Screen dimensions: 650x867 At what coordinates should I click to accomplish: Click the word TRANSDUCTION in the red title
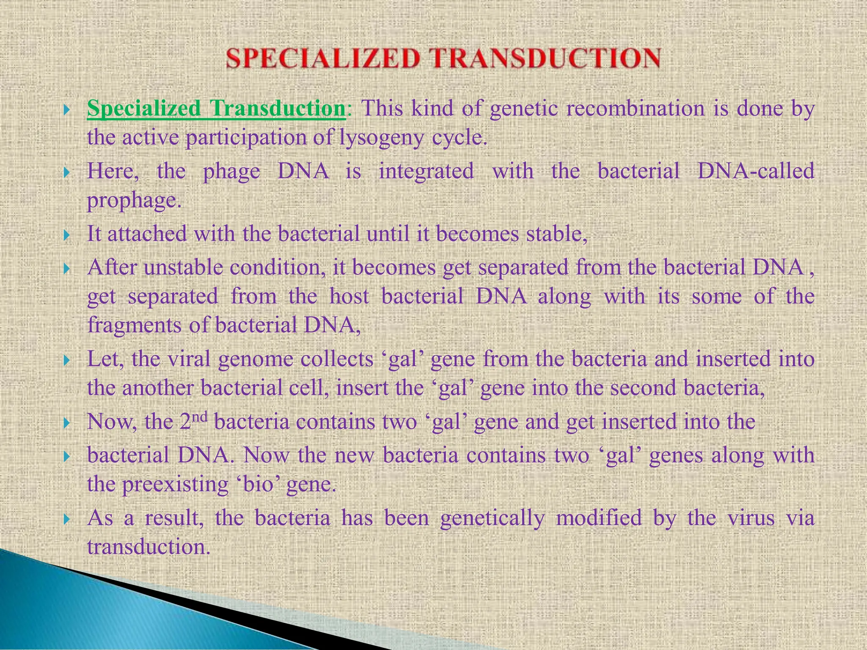[546, 58]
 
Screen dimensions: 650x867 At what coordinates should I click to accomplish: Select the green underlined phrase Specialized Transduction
[216, 109]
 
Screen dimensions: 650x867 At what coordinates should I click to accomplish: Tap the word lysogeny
[381, 138]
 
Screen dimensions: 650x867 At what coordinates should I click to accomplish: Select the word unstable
[183, 267]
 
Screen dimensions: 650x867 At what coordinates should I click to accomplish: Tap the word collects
[337, 359]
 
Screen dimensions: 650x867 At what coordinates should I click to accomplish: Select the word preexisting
[175, 484]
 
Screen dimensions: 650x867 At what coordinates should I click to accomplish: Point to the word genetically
[492, 518]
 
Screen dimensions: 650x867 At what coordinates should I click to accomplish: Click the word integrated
[426, 171]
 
